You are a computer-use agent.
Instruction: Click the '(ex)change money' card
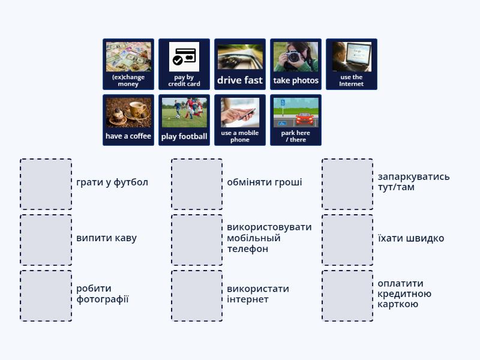pyautogui.click(x=128, y=64)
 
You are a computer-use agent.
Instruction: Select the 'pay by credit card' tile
pyautogui.click(x=184, y=64)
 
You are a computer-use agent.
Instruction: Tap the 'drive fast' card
pyautogui.click(x=240, y=64)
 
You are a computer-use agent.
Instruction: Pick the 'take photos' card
pyautogui.click(x=296, y=64)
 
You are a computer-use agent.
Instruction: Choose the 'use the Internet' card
pyautogui.click(x=352, y=64)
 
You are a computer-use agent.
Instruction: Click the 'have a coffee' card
pyautogui.click(x=128, y=120)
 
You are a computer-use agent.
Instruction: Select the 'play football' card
pyautogui.click(x=184, y=120)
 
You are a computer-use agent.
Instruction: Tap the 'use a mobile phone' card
pyautogui.click(x=240, y=120)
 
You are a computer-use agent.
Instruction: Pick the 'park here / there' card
pyautogui.click(x=296, y=120)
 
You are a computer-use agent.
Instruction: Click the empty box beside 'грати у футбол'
pyautogui.click(x=46, y=184)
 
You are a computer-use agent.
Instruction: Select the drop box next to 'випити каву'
pyautogui.click(x=46, y=240)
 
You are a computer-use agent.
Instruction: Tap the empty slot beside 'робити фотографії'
pyautogui.click(x=46, y=296)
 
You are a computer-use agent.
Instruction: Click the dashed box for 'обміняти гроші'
pyautogui.click(x=197, y=184)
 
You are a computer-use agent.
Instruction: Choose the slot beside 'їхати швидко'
pyautogui.click(x=347, y=240)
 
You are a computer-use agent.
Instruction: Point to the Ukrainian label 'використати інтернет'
pyautogui.click(x=258, y=294)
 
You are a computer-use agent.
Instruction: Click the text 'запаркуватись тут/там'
pyautogui.click(x=413, y=182)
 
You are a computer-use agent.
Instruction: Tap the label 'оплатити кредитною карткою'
pyautogui.click(x=404, y=294)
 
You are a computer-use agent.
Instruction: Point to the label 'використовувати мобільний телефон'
pyautogui.click(x=269, y=238)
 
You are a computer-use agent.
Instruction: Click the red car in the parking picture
pyautogui.click(x=304, y=117)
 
